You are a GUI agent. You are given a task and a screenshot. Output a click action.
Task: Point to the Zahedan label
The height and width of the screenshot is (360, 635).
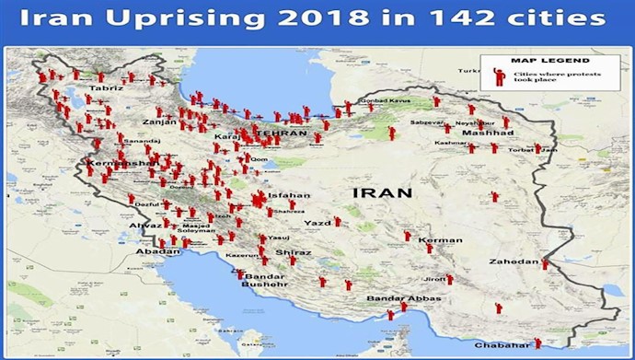pyautogui.click(x=515, y=261)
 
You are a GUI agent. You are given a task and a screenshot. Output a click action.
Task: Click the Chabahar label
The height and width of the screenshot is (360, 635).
pyautogui.click(x=500, y=344)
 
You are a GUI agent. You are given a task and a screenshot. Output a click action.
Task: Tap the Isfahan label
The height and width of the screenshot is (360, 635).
pyautogui.click(x=290, y=195)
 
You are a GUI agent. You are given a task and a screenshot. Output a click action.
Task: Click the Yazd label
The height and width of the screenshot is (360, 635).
pyautogui.click(x=317, y=223)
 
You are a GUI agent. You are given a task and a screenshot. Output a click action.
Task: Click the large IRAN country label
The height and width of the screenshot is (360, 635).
pyautogui.click(x=381, y=192)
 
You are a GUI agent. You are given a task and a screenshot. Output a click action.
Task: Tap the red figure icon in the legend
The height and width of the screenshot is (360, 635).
pyautogui.click(x=500, y=75)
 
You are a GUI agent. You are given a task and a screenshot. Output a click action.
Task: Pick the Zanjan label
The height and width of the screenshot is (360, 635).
pyautogui.click(x=158, y=122)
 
